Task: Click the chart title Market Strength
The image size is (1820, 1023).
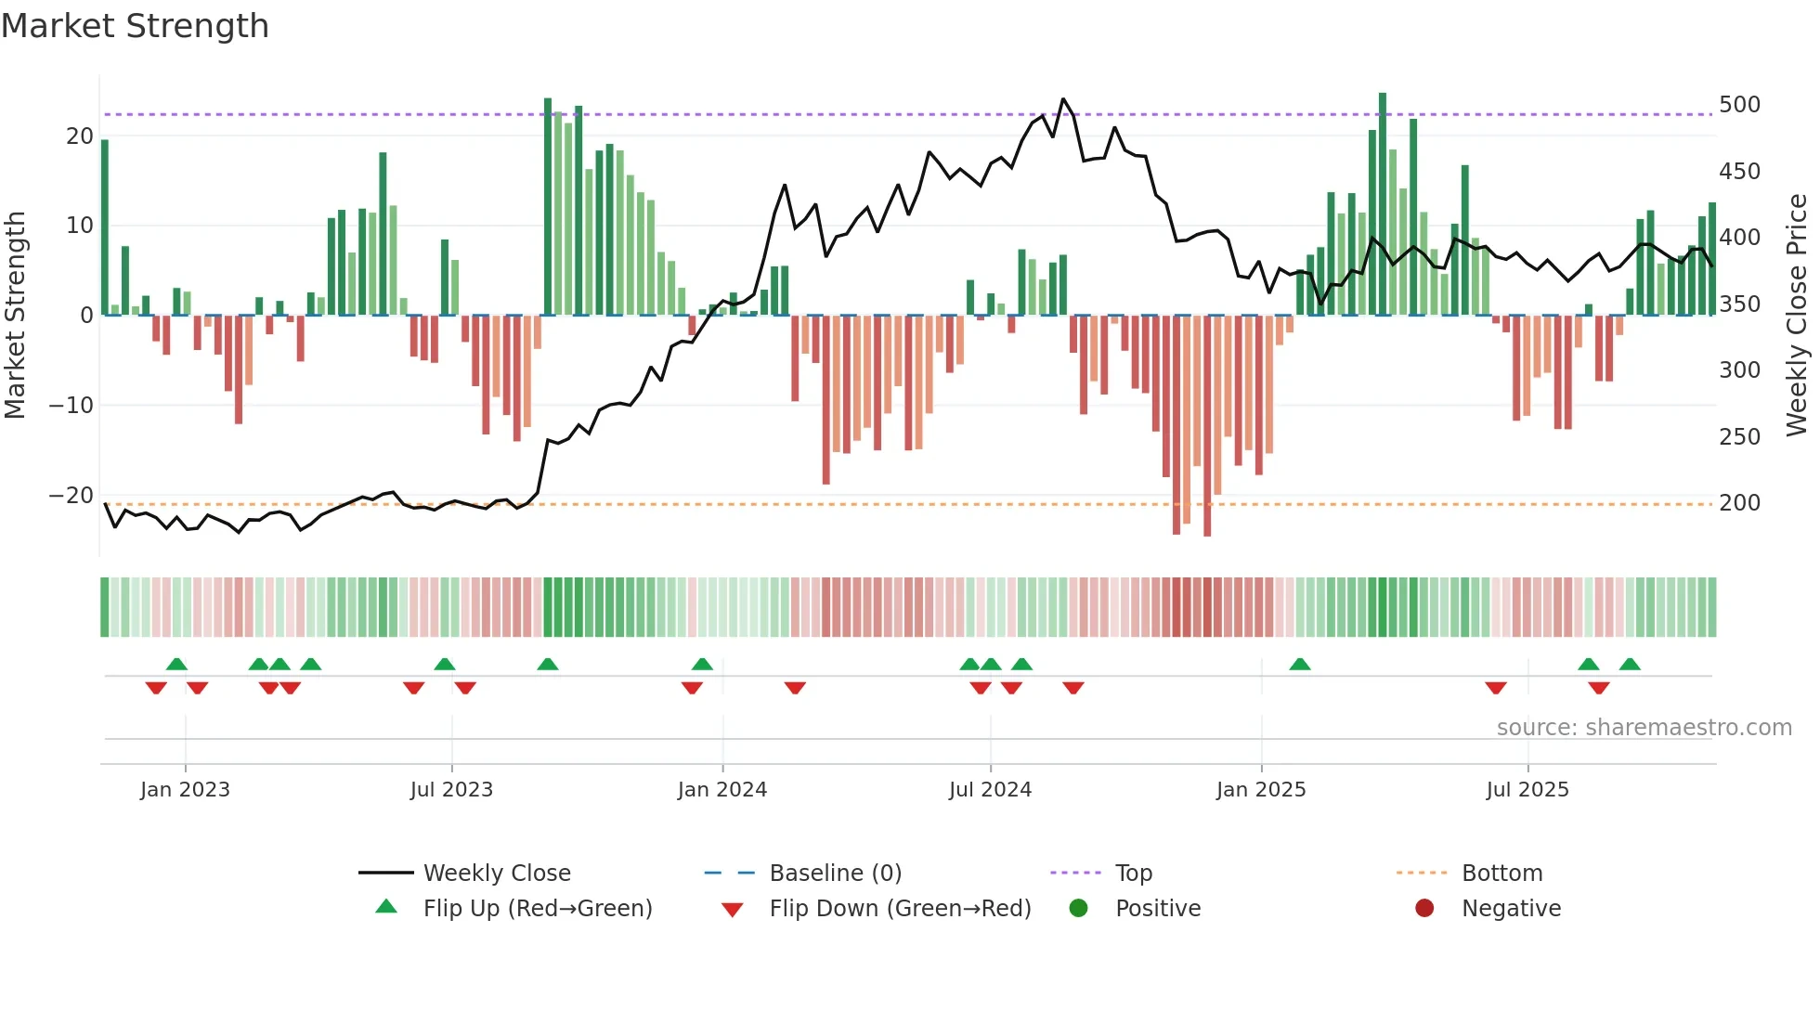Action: [x=136, y=26]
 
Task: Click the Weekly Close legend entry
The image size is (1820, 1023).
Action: [x=496, y=874]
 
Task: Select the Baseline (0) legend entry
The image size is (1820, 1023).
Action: [x=835, y=874]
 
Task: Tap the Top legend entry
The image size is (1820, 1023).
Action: [x=1133, y=874]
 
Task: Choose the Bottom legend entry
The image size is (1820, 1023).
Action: [x=1501, y=874]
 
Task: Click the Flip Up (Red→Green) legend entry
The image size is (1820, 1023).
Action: [x=537, y=909]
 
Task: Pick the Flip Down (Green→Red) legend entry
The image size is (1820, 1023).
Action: [x=899, y=909]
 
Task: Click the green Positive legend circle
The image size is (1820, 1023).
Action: [x=1078, y=908]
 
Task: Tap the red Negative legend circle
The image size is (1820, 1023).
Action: [x=1424, y=908]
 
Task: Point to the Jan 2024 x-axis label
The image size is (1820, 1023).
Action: [x=721, y=790]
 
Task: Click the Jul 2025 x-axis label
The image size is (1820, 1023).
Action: [x=1527, y=790]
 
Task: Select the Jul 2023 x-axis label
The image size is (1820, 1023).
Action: [x=451, y=790]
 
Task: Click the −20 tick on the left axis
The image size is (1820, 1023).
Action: [x=71, y=496]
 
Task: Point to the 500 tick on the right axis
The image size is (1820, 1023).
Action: [x=1739, y=105]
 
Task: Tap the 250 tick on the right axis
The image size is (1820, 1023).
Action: [x=1739, y=437]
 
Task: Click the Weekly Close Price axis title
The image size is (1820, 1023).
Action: [x=1798, y=316]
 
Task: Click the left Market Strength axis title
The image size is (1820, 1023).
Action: [x=16, y=316]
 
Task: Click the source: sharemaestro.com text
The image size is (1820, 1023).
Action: [x=1644, y=728]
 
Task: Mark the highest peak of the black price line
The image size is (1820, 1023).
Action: [x=1063, y=99]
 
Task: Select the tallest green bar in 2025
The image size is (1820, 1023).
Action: [x=1383, y=204]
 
